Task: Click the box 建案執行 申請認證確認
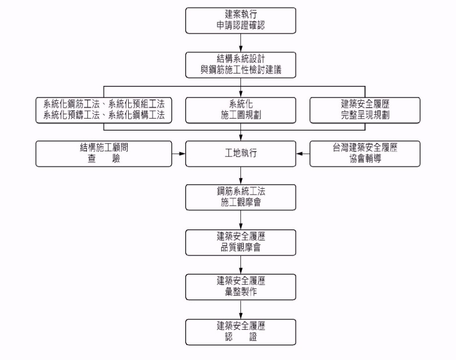click(241, 20)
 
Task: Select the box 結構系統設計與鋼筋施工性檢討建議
click(241, 65)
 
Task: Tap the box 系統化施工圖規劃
click(241, 110)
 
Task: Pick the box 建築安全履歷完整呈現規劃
click(365, 110)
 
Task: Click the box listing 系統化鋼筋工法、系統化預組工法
click(104, 110)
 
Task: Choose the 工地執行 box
click(241, 154)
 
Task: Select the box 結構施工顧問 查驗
click(104, 154)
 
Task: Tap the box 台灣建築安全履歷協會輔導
click(365, 154)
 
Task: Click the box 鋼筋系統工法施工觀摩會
click(241, 197)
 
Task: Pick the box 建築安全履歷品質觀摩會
click(241, 242)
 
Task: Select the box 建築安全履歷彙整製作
click(241, 287)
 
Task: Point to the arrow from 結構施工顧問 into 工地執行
click(179, 154)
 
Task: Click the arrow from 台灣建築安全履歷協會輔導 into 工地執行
click(303, 154)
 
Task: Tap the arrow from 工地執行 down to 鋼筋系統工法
click(241, 175)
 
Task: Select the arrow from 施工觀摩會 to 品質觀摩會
click(241, 219)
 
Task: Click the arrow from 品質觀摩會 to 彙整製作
click(241, 265)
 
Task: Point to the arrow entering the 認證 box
click(241, 310)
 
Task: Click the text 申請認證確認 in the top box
click(241, 25)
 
